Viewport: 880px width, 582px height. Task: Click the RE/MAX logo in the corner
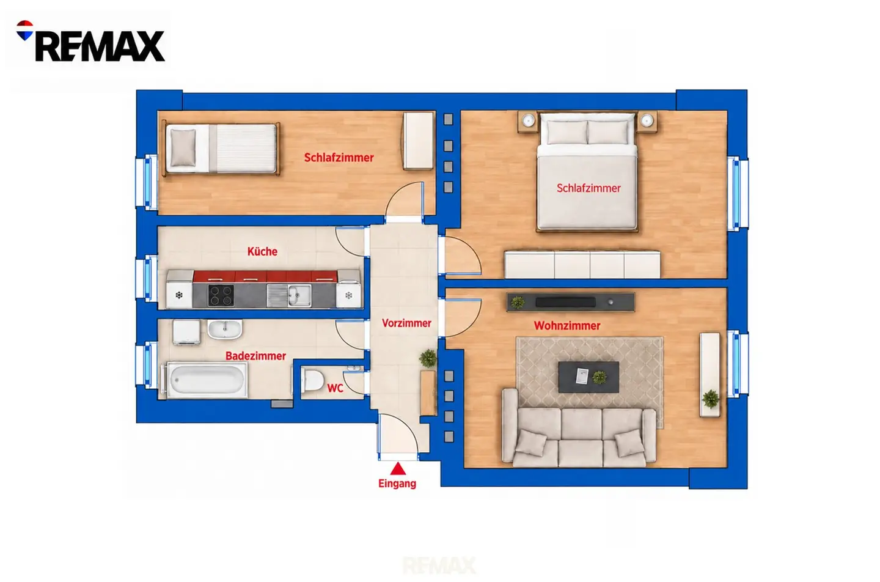tap(90, 41)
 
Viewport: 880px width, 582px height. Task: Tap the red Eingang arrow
tap(398, 468)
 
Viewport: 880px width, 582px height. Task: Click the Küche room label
tap(262, 251)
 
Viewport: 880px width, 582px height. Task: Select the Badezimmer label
tap(255, 356)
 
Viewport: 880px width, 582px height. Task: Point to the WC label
tap(335, 388)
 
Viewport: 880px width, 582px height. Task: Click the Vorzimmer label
tap(406, 323)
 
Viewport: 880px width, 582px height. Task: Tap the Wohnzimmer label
tap(567, 325)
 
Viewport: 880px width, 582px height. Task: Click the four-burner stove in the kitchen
tap(221, 295)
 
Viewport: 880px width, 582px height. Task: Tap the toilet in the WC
tap(313, 380)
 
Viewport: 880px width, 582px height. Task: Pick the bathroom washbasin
tap(224, 330)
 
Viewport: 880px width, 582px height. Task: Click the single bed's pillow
tap(183, 147)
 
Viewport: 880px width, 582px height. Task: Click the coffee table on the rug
tap(589, 377)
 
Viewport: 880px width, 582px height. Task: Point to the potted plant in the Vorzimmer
tap(428, 358)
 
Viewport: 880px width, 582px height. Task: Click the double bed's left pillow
tap(567, 132)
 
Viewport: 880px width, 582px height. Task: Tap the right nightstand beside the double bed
tap(647, 122)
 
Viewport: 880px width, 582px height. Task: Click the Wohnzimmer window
tap(738, 364)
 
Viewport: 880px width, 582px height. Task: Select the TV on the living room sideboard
tap(565, 302)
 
